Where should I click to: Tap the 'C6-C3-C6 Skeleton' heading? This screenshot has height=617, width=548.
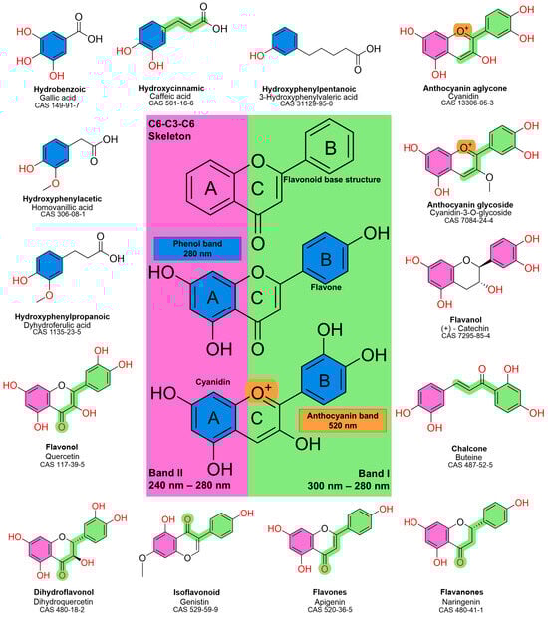pyautogui.click(x=175, y=128)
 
